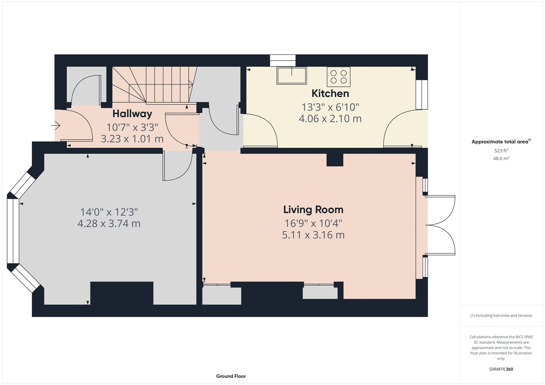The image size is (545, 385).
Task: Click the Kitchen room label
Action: click(x=330, y=93)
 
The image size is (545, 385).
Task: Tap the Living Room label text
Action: click(x=313, y=210)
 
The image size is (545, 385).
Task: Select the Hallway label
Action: click(x=132, y=113)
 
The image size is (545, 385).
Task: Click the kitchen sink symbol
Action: click(x=292, y=76)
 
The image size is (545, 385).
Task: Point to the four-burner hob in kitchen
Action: click(x=339, y=77)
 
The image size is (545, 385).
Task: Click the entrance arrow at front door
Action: click(x=56, y=126)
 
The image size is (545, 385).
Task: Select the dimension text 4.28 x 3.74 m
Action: click(x=109, y=224)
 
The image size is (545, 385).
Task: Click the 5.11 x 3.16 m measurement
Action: click(x=313, y=235)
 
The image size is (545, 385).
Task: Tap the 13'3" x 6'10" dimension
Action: click(x=330, y=107)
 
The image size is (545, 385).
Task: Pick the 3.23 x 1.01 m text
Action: click(x=132, y=139)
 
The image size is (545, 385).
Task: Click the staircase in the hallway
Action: click(x=153, y=84)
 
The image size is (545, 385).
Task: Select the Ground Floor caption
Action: click(x=231, y=376)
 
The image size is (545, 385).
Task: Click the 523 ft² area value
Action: click(x=501, y=150)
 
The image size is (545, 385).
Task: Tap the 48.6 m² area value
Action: click(x=501, y=158)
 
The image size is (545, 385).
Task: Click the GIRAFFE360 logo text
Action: click(x=501, y=369)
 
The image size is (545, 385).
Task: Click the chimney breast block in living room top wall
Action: click(x=335, y=160)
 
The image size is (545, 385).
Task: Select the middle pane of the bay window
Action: click(x=13, y=231)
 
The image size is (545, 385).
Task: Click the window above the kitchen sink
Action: click(x=283, y=60)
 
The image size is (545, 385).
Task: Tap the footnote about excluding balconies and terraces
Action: click(x=501, y=316)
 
